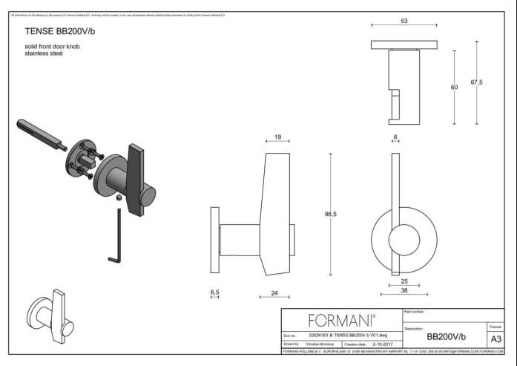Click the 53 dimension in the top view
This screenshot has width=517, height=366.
click(x=404, y=22)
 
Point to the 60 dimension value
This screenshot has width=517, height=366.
click(x=454, y=88)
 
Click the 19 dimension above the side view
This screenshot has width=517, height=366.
click(x=277, y=137)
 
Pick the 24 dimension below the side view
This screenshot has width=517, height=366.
click(x=274, y=294)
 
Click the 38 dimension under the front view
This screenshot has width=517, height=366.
click(x=404, y=292)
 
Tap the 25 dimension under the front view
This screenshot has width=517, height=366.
click(x=404, y=282)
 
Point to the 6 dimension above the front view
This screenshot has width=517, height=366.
click(x=396, y=137)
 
